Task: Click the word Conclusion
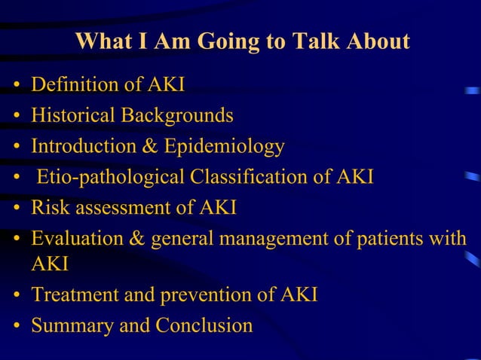(204, 326)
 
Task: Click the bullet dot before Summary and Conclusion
(16, 327)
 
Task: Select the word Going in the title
(230, 41)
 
